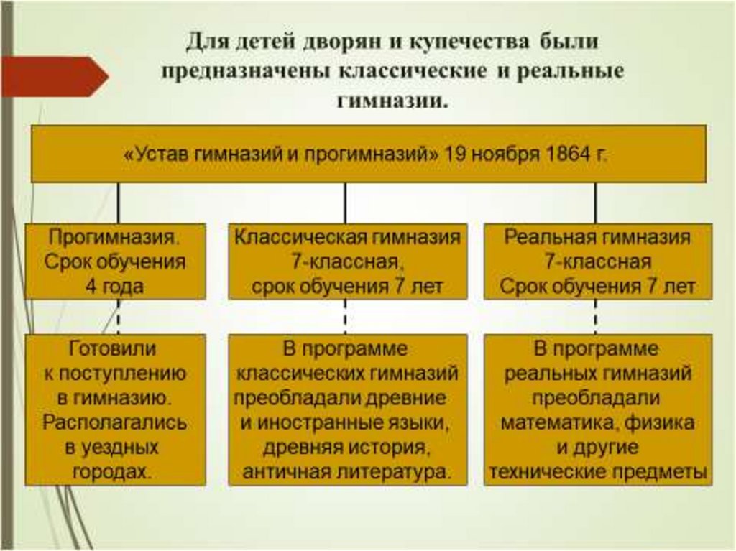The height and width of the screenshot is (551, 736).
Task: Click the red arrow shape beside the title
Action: click(x=54, y=77)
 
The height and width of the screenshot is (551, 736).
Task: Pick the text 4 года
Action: click(x=115, y=287)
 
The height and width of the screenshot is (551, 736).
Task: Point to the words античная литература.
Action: click(x=347, y=472)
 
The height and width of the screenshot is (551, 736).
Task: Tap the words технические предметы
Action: click(x=597, y=472)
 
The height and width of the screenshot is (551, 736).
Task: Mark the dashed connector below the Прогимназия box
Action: click(x=118, y=317)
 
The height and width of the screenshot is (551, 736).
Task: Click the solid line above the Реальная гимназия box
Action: click(x=595, y=203)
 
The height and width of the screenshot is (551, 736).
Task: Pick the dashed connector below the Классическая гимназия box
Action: click(x=345, y=317)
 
